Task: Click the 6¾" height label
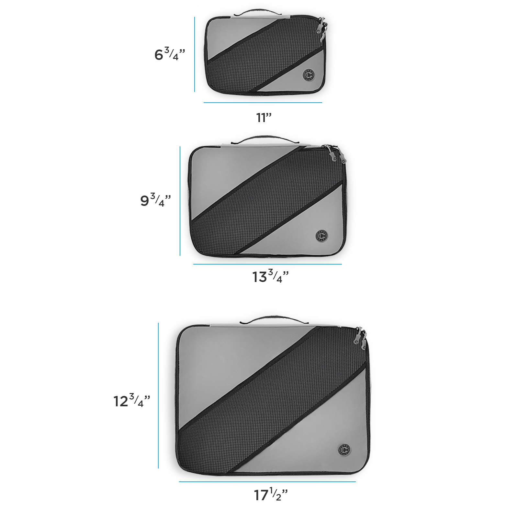pyautogui.click(x=170, y=54)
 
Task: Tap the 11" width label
pyautogui.click(x=264, y=118)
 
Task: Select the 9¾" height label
pyautogui.click(x=155, y=200)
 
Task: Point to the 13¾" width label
pyautogui.click(x=270, y=276)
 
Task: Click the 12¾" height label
pyautogui.click(x=132, y=400)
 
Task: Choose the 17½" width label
pyautogui.click(x=271, y=494)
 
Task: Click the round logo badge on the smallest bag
pyautogui.click(x=309, y=75)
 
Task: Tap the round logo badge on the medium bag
pyautogui.click(x=321, y=236)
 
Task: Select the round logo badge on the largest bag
pyautogui.click(x=344, y=450)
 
